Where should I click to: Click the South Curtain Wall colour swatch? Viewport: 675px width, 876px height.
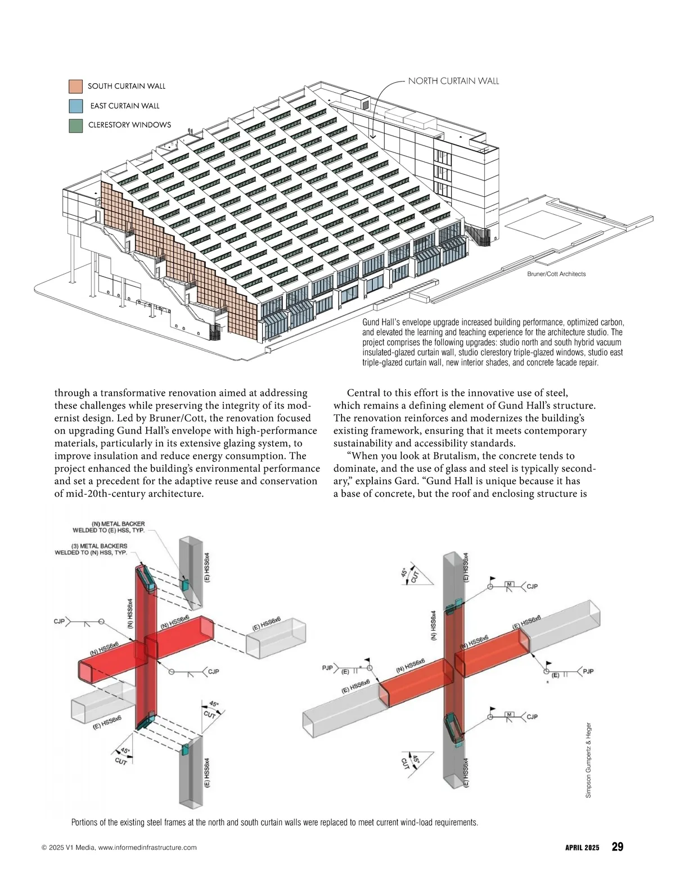tap(76, 86)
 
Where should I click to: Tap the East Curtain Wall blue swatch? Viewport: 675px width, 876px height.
tap(76, 106)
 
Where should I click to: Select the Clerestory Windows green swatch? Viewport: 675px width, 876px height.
tap(76, 125)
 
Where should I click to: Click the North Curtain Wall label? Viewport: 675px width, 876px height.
tap(453, 82)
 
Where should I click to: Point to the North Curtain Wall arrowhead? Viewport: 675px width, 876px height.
tap(372, 136)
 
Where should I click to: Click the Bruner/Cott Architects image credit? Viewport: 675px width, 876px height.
tap(556, 274)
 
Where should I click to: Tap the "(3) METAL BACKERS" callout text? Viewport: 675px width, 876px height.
tap(99, 546)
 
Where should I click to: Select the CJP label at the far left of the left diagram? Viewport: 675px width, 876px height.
tap(60, 621)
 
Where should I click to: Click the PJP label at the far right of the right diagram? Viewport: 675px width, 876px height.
tap(588, 671)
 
